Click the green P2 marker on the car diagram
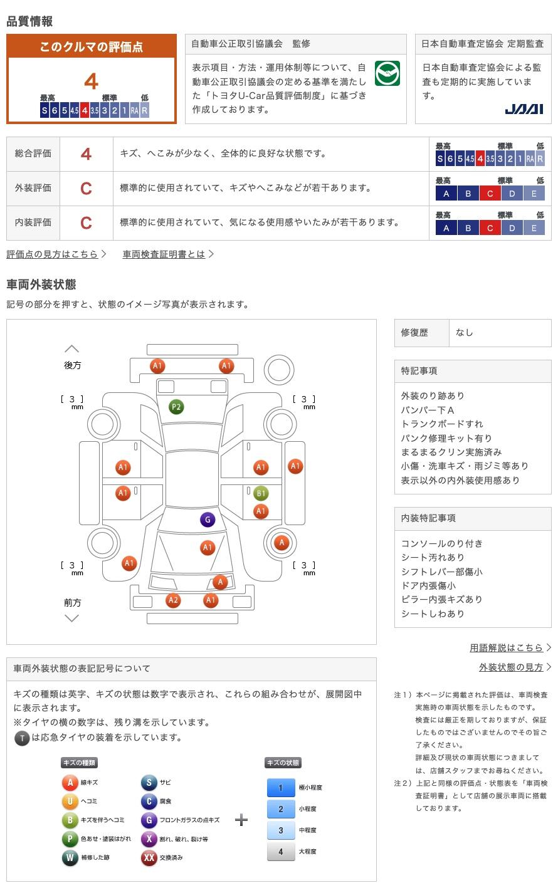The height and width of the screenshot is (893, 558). click(176, 407)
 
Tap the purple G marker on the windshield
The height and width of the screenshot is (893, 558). click(208, 520)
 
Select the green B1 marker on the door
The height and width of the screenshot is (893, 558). click(261, 494)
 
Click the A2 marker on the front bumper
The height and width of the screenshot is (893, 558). click(173, 600)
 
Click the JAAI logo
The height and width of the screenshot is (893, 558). click(524, 109)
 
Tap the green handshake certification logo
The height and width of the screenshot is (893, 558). click(387, 73)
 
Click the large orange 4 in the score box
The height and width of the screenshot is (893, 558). click(92, 81)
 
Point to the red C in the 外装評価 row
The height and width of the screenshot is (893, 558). click(86, 189)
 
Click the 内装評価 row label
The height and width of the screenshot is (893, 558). click(33, 222)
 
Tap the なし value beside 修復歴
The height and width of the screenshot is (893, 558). click(465, 333)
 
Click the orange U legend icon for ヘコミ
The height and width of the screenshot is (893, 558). click(70, 802)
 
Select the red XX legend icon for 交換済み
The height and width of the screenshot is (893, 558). click(149, 857)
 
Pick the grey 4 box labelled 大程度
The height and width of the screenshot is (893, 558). click(281, 852)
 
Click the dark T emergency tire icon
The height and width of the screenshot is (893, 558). click(22, 738)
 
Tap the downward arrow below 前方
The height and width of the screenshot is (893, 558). click(72, 619)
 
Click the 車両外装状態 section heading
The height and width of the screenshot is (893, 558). click(41, 285)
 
